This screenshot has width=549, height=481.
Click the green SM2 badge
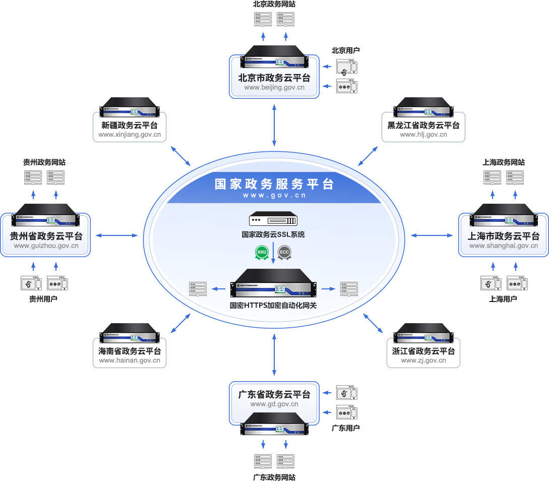(262, 252)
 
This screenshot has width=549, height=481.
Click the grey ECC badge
(284, 252)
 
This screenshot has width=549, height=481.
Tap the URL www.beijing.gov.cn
(274, 87)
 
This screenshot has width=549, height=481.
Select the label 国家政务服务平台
(274, 184)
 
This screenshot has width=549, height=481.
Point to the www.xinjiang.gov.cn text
(130, 135)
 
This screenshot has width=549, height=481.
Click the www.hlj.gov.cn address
(423, 135)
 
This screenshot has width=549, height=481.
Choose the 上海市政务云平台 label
(504, 236)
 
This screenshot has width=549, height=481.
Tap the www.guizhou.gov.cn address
(46, 246)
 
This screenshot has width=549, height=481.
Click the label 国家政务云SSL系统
(273, 234)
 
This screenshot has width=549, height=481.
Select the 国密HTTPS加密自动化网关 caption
(273, 305)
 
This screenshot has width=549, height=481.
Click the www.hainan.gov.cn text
(130, 360)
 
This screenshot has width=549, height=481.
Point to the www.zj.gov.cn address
(423, 360)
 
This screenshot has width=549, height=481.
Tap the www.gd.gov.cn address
(274, 404)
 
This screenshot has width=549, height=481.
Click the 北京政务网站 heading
(274, 4)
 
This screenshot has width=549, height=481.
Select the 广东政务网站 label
(274, 477)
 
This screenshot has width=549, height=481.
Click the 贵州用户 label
(43, 299)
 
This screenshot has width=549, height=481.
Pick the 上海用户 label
(503, 299)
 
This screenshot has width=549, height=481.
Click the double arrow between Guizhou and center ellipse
(116, 235)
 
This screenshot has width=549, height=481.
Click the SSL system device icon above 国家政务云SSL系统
(273, 220)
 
